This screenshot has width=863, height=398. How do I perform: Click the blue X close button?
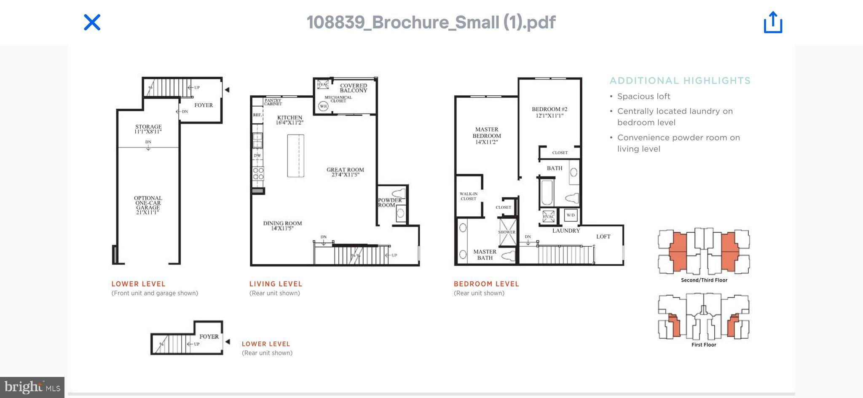click(92, 22)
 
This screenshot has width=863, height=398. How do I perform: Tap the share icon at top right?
click(773, 22)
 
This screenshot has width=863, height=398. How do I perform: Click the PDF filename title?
click(431, 22)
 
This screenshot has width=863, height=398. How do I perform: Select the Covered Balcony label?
click(353, 88)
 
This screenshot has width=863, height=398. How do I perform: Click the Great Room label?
click(345, 172)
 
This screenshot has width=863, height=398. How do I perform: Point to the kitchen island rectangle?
click(295, 156)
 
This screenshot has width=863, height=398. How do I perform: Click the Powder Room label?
click(389, 202)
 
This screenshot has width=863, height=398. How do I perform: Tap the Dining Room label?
click(282, 226)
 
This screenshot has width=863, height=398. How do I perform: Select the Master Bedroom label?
click(487, 136)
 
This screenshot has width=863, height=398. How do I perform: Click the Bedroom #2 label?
click(549, 112)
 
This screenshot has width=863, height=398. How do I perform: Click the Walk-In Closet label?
click(468, 196)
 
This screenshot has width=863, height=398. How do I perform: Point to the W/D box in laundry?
click(570, 215)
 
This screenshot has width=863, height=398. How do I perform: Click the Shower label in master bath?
click(507, 232)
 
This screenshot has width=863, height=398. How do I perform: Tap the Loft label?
click(603, 237)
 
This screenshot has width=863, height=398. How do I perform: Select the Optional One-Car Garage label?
click(148, 205)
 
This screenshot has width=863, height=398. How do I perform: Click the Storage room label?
click(148, 129)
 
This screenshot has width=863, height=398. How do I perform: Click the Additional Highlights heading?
click(680, 81)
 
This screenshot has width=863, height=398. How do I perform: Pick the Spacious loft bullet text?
click(643, 96)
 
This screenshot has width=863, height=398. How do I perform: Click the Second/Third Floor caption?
click(704, 280)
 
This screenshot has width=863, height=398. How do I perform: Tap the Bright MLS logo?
click(32, 387)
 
